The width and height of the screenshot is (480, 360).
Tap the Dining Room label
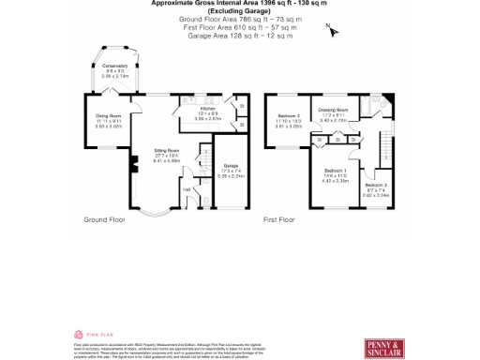tap(109, 116)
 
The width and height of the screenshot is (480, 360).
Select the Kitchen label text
tap(206, 111)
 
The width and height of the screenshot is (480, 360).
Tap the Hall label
tap(187, 190)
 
